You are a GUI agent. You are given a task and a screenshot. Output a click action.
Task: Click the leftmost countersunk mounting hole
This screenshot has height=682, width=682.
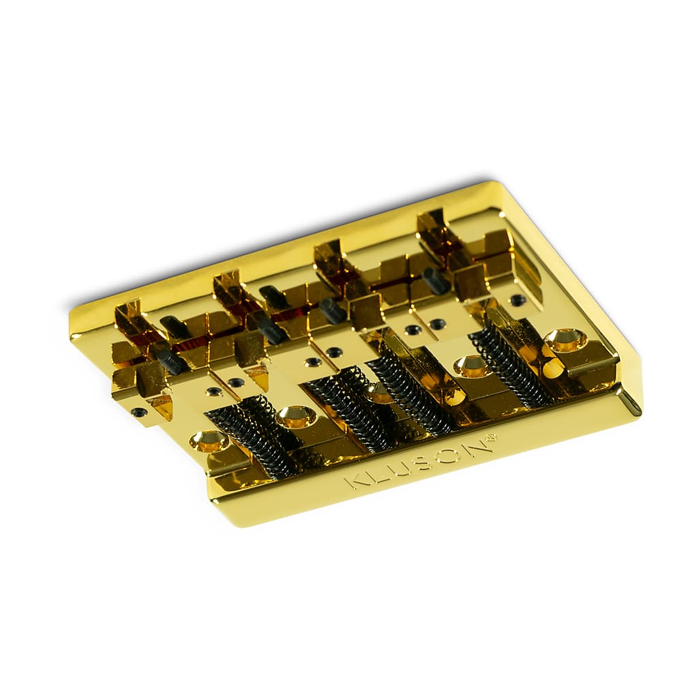point(209,441)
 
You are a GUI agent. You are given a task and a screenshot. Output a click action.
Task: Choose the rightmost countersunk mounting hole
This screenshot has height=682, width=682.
point(565,339)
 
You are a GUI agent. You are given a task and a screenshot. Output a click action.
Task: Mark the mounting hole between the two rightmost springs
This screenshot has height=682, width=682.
point(473,366)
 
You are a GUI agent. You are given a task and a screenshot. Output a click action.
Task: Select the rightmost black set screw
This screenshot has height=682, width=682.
point(436,280)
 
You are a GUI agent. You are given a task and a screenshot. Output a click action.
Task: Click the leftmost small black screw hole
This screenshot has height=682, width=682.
point(139,412)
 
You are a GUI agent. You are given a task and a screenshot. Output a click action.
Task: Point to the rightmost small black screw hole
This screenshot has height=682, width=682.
point(518,299)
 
